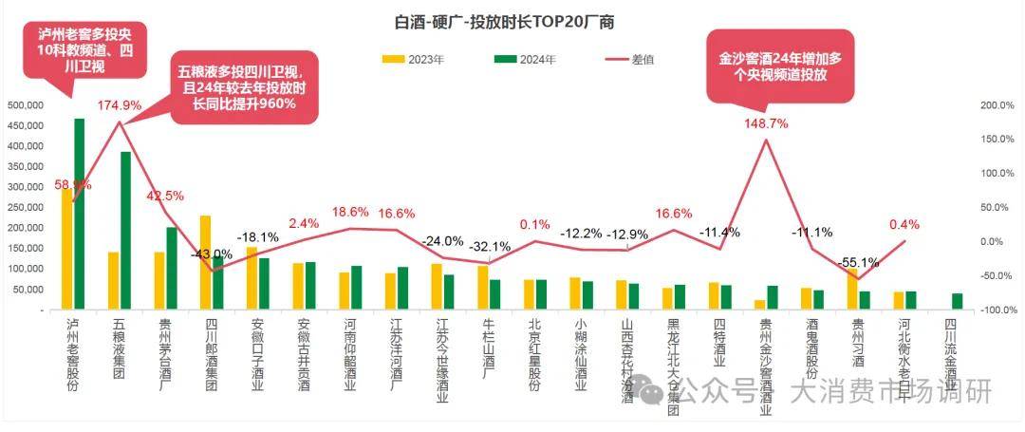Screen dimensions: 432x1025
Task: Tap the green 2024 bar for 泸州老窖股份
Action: point(79,214)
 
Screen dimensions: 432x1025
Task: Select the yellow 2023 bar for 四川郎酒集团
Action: point(205,262)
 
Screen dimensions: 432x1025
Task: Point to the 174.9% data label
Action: point(119,105)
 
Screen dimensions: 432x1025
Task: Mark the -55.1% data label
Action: point(857,263)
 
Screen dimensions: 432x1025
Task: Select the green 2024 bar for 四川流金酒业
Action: point(957,302)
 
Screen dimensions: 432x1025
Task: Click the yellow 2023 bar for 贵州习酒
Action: point(852,289)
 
